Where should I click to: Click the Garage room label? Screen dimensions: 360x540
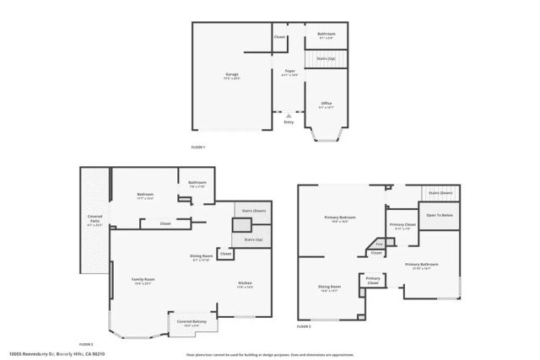pyautogui.click(x=231, y=74)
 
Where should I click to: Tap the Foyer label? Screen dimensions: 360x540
pyautogui.click(x=289, y=71)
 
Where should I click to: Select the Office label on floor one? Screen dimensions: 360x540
pyautogui.click(x=326, y=103)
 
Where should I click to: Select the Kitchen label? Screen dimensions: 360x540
pyautogui.click(x=245, y=283)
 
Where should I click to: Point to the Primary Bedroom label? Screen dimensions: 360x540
pyautogui.click(x=340, y=218)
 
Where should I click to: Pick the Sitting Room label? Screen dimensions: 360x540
pyautogui.click(x=329, y=287)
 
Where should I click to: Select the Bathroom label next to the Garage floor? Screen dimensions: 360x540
pyautogui.click(x=327, y=35)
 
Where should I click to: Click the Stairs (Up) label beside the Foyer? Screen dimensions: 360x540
pyautogui.click(x=326, y=59)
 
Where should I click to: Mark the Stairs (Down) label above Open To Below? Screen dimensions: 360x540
pyautogui.click(x=440, y=193)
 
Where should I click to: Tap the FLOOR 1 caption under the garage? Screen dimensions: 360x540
pyautogui.click(x=199, y=148)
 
